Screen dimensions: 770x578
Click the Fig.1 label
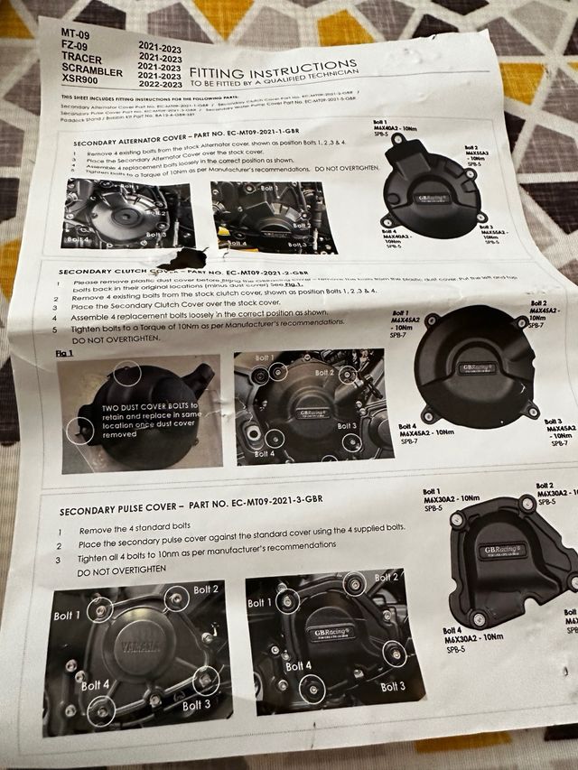point(65,353)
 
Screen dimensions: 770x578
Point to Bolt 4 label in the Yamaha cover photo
point(96,685)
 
